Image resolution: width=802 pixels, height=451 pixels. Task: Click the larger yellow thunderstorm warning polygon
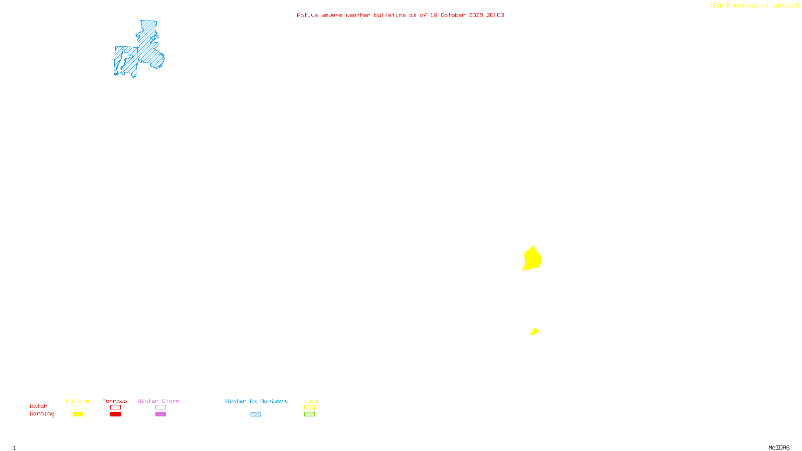pyautogui.click(x=532, y=259)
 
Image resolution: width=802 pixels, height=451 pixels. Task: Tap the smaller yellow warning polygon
pyautogui.click(x=535, y=332)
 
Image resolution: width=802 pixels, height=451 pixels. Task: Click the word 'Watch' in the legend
pyautogui.click(x=39, y=406)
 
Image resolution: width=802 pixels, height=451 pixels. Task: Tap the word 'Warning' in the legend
pyautogui.click(x=42, y=414)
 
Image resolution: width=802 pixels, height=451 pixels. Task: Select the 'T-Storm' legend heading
pyautogui.click(x=77, y=401)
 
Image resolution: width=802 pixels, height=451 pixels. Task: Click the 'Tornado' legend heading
pyautogui.click(x=115, y=401)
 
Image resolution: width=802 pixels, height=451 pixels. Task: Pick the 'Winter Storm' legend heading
pyautogui.click(x=158, y=401)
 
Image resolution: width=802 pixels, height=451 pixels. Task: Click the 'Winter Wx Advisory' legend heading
pyautogui.click(x=257, y=401)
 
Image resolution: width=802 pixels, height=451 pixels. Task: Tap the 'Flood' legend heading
pyautogui.click(x=309, y=401)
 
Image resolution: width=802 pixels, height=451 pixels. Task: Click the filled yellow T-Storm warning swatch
pyautogui.click(x=78, y=414)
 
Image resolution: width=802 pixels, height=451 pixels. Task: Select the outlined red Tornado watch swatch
pyautogui.click(x=116, y=407)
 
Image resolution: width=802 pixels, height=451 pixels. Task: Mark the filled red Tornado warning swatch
pyautogui.click(x=116, y=414)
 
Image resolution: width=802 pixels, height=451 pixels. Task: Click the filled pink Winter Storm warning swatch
pyautogui.click(x=160, y=414)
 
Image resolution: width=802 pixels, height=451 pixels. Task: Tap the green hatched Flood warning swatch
pyautogui.click(x=309, y=414)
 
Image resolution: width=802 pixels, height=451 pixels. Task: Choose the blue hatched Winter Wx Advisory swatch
pyautogui.click(x=256, y=414)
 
